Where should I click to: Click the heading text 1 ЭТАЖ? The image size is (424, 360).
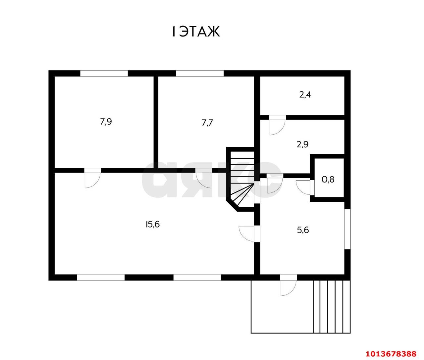tap(196, 31)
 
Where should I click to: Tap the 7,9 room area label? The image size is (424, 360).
tap(106, 122)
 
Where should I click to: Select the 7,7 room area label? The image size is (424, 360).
tap(207, 123)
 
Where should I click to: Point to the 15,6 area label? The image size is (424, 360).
tap(153, 225)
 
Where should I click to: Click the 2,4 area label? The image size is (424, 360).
tap(305, 95)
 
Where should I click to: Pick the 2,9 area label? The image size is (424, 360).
tap(302, 144)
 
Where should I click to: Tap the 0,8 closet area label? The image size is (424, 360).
tap(328, 180)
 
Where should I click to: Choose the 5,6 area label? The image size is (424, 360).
tap(303, 230)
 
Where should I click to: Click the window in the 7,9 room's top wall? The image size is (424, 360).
tap(104, 74)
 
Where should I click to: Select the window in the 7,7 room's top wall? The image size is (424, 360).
tap(200, 74)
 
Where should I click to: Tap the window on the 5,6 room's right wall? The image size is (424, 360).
tap(347, 229)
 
